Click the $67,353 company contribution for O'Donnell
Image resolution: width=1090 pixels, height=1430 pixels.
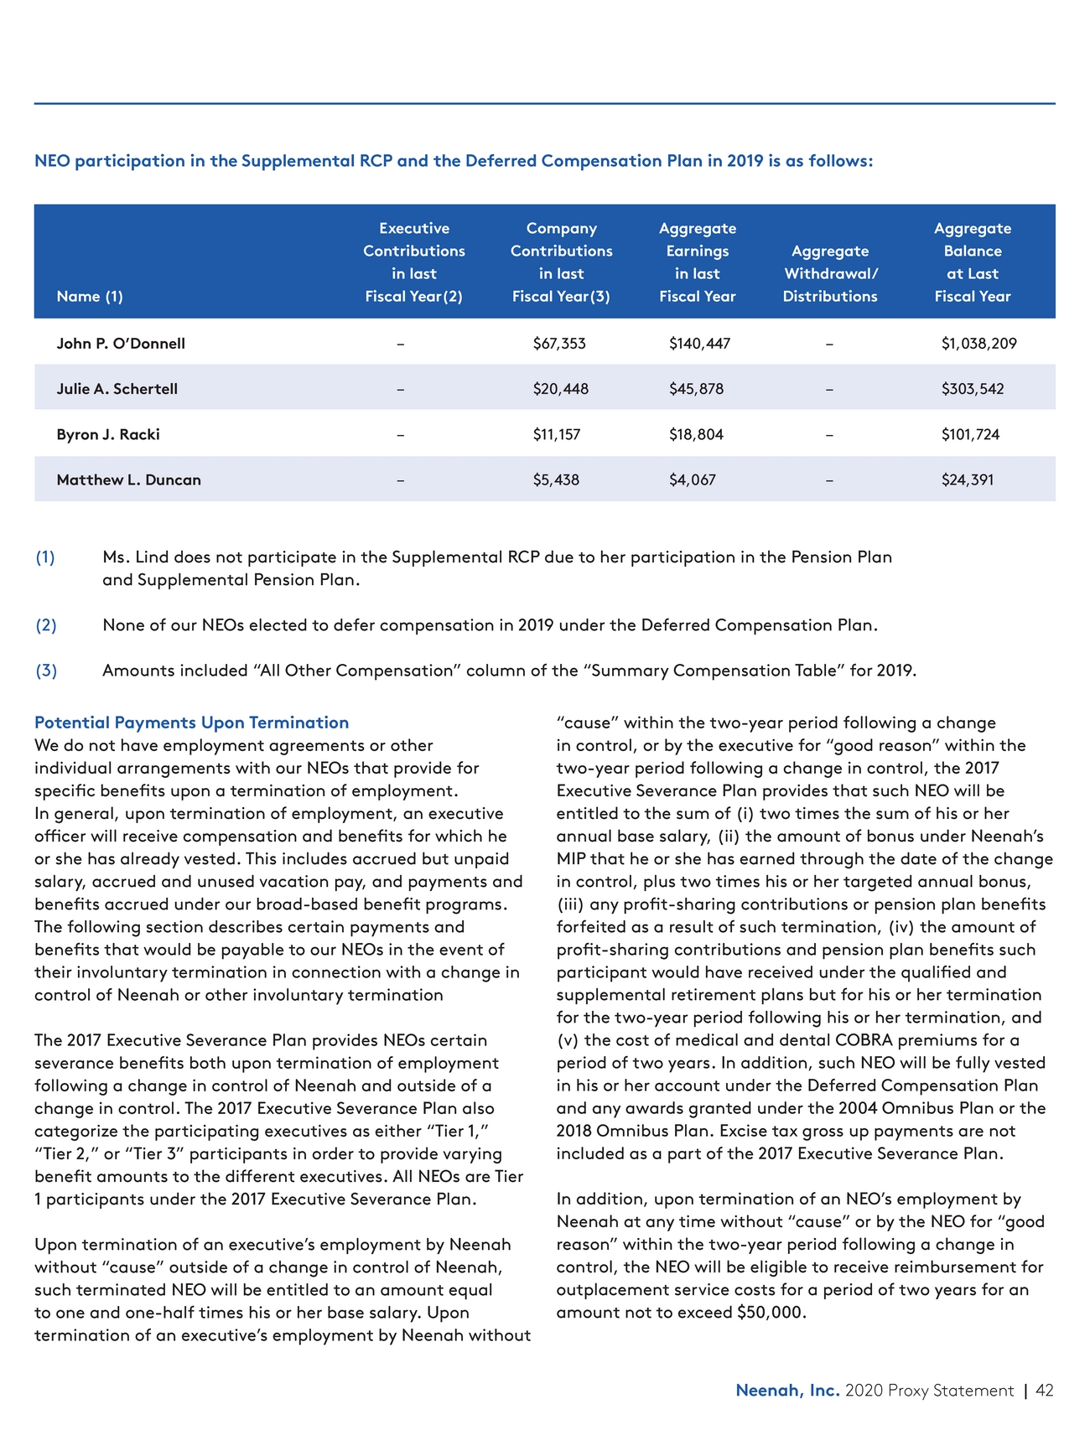click(x=559, y=344)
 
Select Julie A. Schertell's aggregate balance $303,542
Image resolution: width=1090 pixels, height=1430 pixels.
click(x=972, y=389)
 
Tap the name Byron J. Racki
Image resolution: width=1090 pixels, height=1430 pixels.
click(x=108, y=434)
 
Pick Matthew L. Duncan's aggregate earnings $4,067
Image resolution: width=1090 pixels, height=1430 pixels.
click(x=693, y=480)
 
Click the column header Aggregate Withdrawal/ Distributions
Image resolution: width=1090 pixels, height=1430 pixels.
click(x=830, y=273)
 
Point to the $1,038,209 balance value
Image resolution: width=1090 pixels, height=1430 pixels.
click(x=978, y=344)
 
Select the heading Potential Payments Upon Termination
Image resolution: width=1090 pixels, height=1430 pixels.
click(x=191, y=723)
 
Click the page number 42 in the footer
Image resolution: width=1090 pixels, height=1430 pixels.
click(x=1045, y=1391)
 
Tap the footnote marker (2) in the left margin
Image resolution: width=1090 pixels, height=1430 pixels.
click(x=45, y=625)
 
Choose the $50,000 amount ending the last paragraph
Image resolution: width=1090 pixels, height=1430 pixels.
click(x=770, y=1313)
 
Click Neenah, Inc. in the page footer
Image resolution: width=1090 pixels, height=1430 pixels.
click(x=786, y=1391)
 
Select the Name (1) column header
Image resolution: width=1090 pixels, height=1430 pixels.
click(x=90, y=296)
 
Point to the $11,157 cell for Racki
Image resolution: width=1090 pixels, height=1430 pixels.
click(x=556, y=434)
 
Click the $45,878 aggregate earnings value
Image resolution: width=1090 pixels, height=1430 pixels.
click(x=696, y=389)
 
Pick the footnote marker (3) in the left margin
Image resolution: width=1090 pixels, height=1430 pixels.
click(x=45, y=671)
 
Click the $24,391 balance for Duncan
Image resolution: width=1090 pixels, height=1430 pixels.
click(x=967, y=480)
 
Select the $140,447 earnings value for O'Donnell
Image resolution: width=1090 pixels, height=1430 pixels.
click(x=699, y=344)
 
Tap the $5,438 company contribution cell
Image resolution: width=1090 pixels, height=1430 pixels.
click(x=556, y=480)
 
